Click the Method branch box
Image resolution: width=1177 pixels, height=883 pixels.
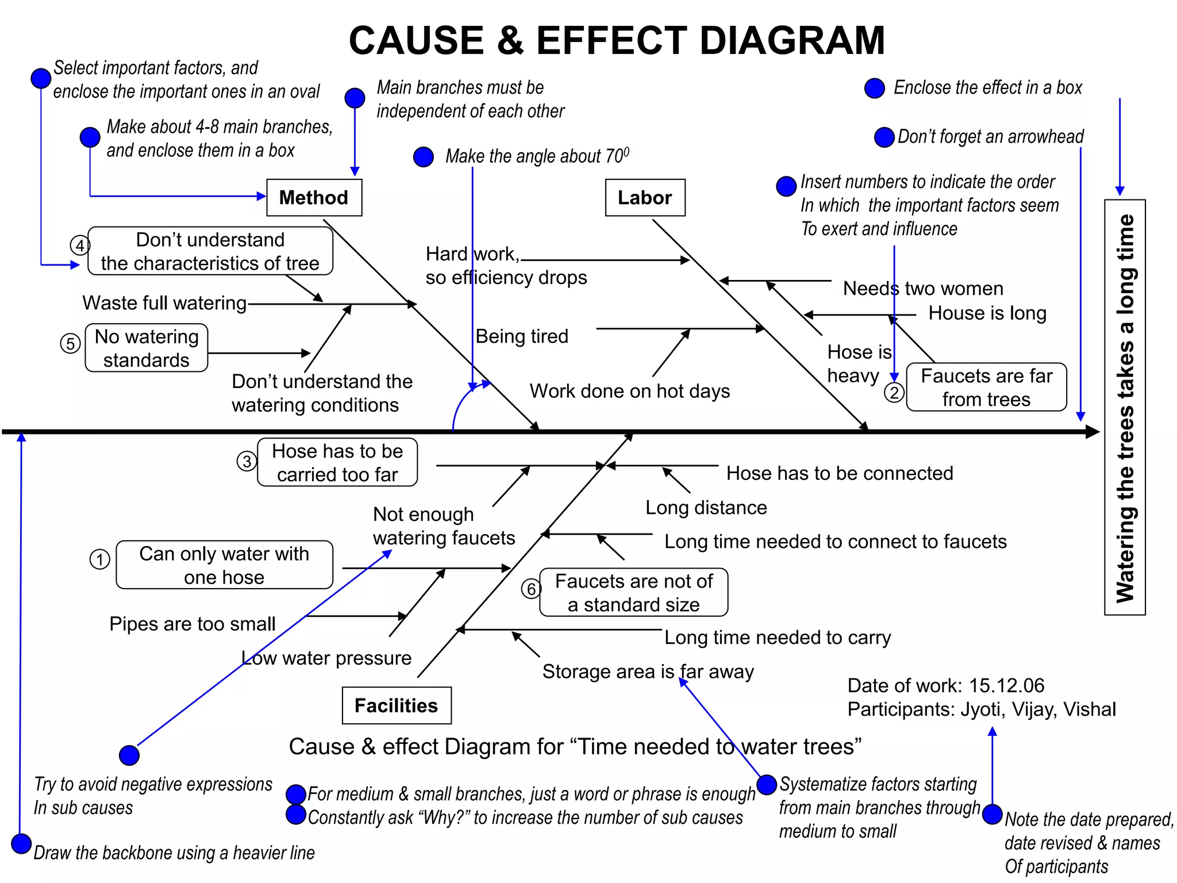314,198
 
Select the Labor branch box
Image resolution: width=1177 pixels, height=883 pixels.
645,198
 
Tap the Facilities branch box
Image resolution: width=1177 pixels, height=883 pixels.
396,705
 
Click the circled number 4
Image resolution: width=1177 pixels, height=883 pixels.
80,245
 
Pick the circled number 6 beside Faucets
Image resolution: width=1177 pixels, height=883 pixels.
531,589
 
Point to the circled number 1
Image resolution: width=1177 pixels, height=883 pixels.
99,559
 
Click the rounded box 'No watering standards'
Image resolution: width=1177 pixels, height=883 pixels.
146,348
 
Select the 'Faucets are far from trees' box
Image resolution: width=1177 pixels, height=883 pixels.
986,387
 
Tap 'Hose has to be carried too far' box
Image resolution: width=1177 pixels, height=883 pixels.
337,463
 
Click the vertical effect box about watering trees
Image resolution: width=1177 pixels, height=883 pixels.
1125,407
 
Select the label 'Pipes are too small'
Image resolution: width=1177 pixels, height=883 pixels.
193,624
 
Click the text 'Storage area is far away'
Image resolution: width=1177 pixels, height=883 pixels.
648,671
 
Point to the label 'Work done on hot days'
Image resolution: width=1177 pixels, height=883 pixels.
629,391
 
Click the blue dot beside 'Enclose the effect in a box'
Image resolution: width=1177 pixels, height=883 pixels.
874,89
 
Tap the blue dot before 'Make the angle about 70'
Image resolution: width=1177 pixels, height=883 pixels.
424,156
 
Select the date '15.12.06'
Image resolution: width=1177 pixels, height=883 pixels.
1006,685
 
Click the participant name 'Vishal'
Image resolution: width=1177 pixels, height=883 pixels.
1089,709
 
